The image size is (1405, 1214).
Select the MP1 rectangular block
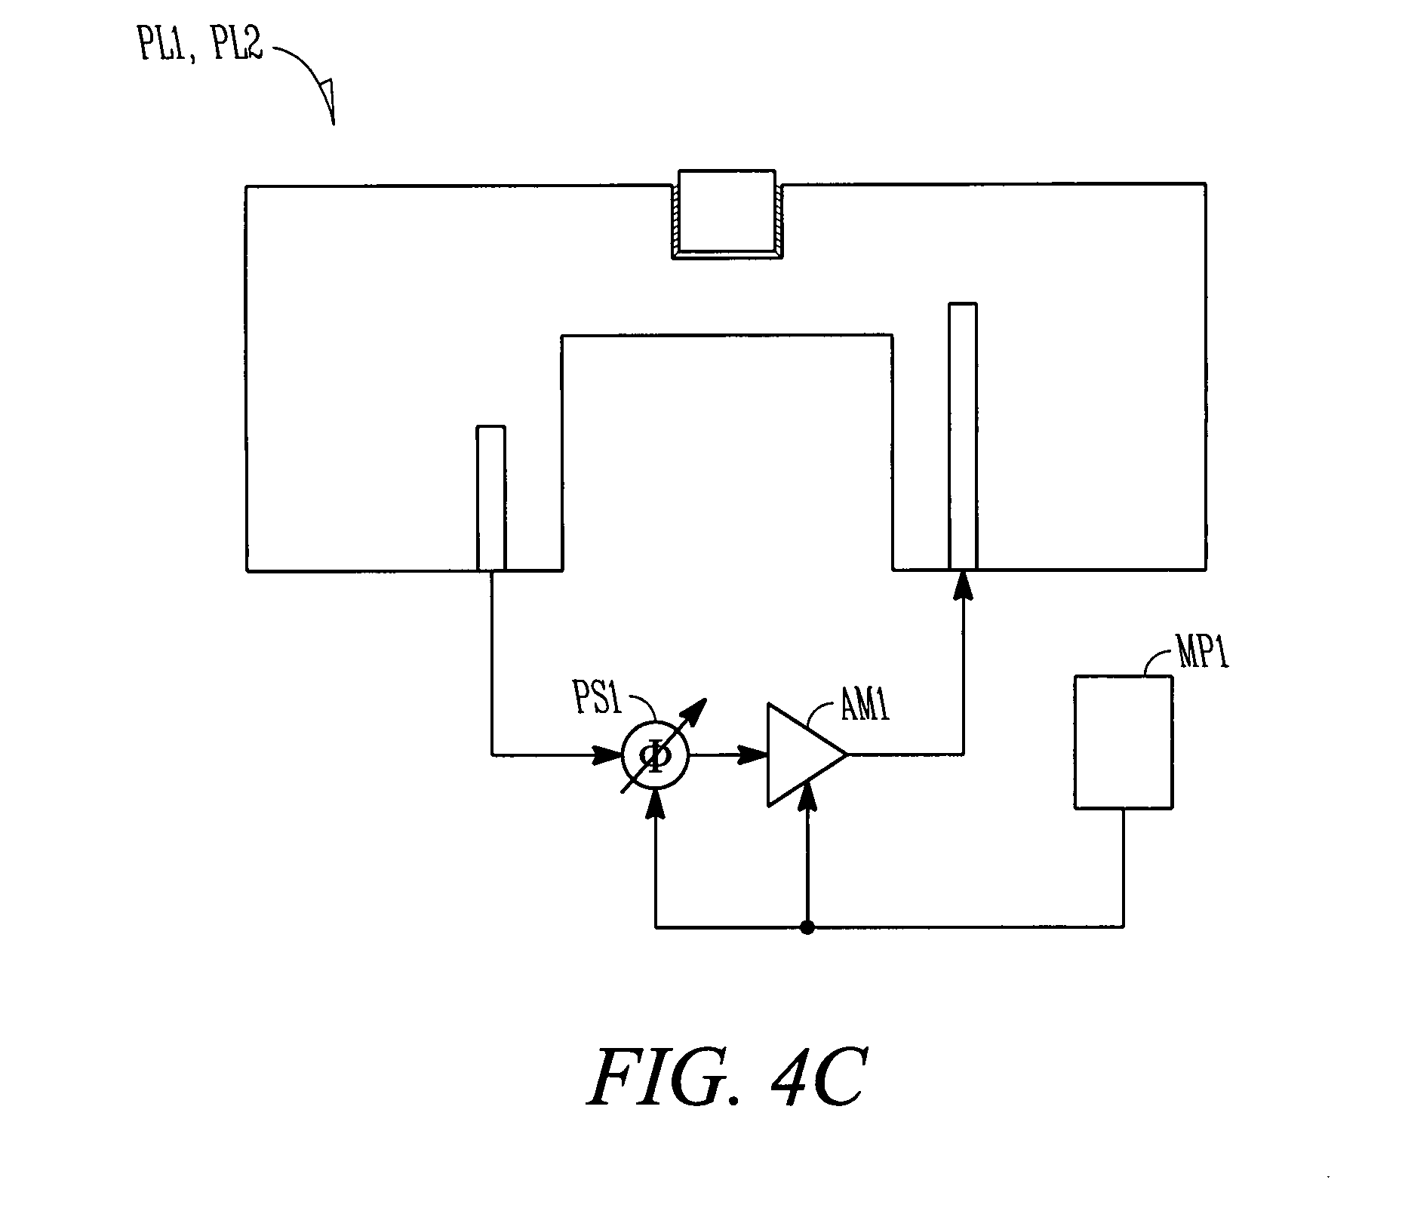coord(1123,742)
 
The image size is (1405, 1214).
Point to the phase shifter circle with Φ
coord(655,755)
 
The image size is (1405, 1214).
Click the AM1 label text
coord(865,708)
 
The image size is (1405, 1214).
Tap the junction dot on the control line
coord(807,927)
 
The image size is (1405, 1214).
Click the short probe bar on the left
coord(491,498)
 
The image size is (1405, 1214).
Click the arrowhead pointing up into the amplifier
coord(808,797)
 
